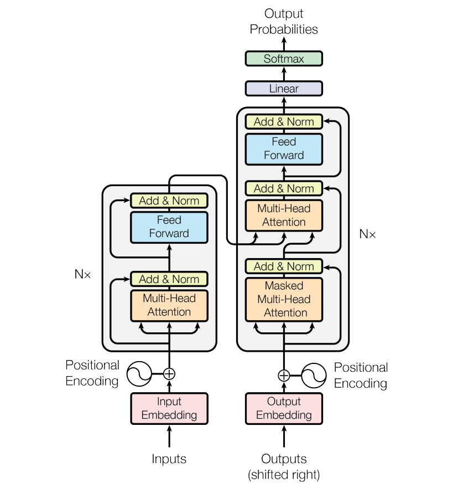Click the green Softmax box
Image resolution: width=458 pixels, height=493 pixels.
(x=284, y=59)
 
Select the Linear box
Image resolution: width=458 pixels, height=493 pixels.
(x=284, y=88)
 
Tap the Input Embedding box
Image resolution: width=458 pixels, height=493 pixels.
(x=169, y=408)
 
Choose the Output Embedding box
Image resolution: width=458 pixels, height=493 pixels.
(x=284, y=408)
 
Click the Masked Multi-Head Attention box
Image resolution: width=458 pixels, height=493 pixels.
(x=284, y=299)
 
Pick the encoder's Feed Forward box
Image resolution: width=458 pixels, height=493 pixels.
(x=169, y=227)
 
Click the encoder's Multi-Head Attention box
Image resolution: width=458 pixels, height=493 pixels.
(x=169, y=306)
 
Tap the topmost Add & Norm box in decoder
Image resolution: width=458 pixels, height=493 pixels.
(x=284, y=122)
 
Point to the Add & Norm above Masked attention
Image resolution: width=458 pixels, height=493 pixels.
(x=284, y=266)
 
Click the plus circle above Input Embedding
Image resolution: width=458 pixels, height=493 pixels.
(x=169, y=374)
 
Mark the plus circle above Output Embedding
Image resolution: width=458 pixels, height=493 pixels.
(x=284, y=376)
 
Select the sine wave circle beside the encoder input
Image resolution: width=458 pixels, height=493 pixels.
(x=139, y=374)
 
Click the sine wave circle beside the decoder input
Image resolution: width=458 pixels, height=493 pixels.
(x=314, y=376)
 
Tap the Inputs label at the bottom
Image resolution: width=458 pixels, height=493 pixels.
(x=169, y=459)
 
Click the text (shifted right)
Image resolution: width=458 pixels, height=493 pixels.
(x=284, y=475)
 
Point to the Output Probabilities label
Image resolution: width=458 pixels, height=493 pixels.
(x=284, y=22)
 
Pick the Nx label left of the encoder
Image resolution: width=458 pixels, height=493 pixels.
(x=82, y=274)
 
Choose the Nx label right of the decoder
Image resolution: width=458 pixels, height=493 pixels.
(x=367, y=234)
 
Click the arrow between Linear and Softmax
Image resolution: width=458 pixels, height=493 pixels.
(x=284, y=74)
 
